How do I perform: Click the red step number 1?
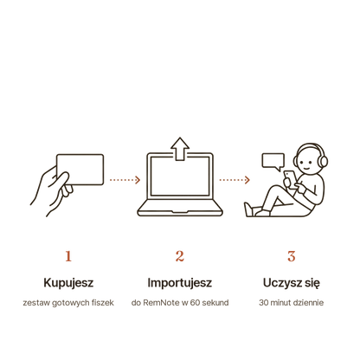pos(68,256)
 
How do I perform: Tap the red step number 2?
pos(180,256)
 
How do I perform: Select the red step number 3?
pos(292,256)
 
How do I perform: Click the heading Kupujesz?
pos(68,283)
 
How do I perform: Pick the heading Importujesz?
pos(180,283)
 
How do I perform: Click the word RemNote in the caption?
pos(161,303)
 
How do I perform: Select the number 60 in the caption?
pos(195,303)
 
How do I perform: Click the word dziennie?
pos(307,303)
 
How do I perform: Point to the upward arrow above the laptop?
pos(180,149)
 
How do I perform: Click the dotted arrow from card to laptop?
pos(125,180)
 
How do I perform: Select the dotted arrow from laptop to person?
pos(235,180)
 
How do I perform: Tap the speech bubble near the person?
pos(273,162)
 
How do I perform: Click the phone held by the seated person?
pos(290,179)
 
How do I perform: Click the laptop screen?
pos(180,177)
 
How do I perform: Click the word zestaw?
pos(32,303)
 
